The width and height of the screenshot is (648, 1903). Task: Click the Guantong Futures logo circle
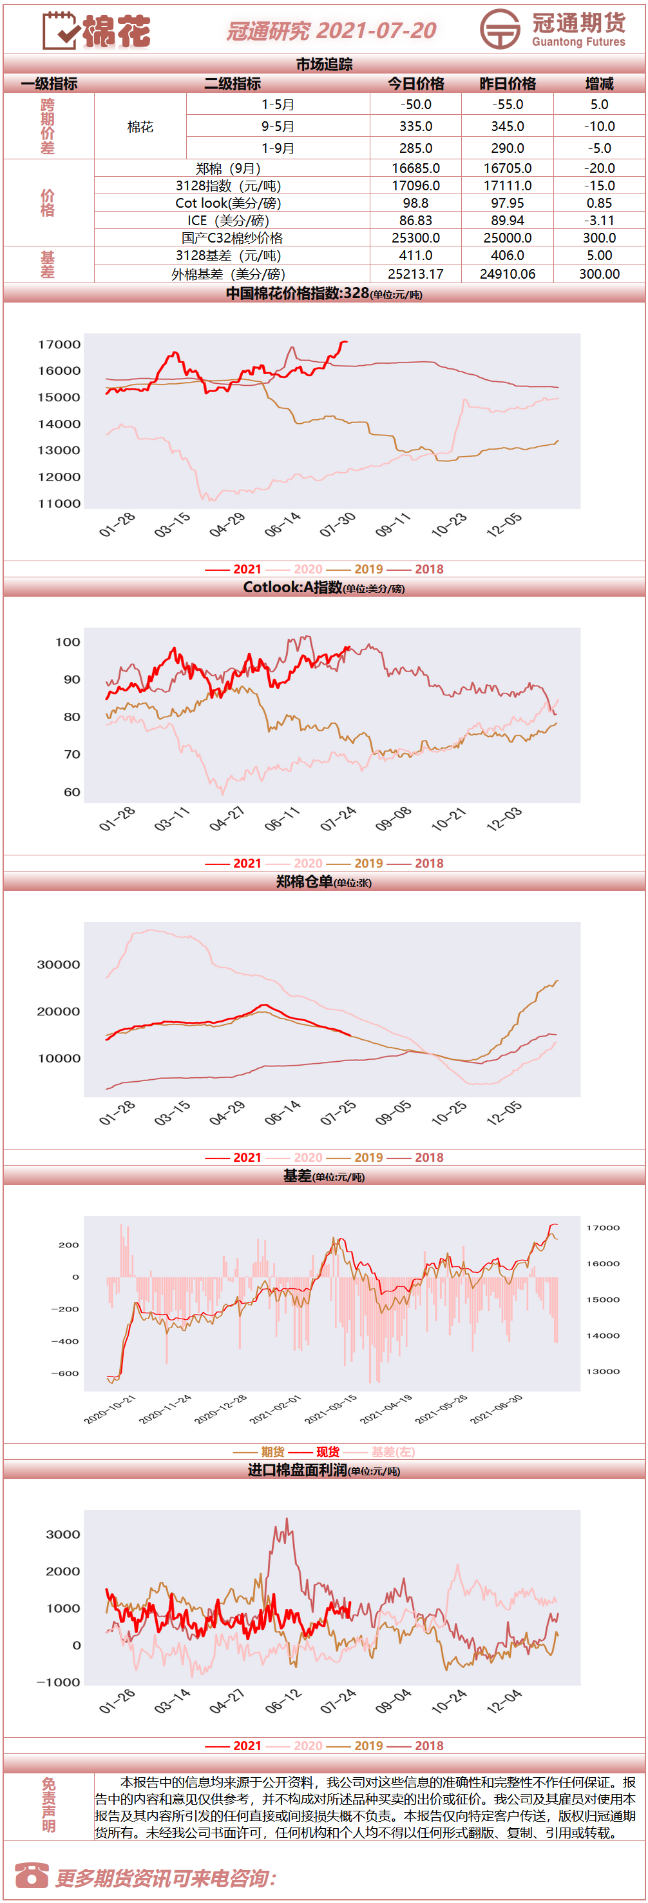pos(500,30)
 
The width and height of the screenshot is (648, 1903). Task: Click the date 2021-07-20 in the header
pos(376,30)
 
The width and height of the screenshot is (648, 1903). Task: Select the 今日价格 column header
pos(416,83)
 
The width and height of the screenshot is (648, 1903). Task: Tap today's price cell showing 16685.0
pos(416,168)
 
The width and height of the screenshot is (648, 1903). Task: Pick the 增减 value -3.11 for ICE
pos(599,220)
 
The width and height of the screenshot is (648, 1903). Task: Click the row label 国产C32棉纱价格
pos(233,238)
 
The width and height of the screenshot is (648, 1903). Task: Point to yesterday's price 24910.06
pos(508,274)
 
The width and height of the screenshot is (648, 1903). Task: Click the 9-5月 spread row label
pos(278,126)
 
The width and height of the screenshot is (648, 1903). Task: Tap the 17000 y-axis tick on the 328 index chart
pos(60,344)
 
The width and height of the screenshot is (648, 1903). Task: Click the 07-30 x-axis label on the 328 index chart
pos(338,524)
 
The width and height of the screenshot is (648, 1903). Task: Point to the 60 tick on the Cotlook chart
pos(72,792)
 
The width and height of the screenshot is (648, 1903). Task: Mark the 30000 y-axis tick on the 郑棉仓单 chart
pos(59,965)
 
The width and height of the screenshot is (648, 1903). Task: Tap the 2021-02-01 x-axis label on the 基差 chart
pos(275,1409)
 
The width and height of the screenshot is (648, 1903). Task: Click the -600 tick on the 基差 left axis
pos(65,1373)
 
